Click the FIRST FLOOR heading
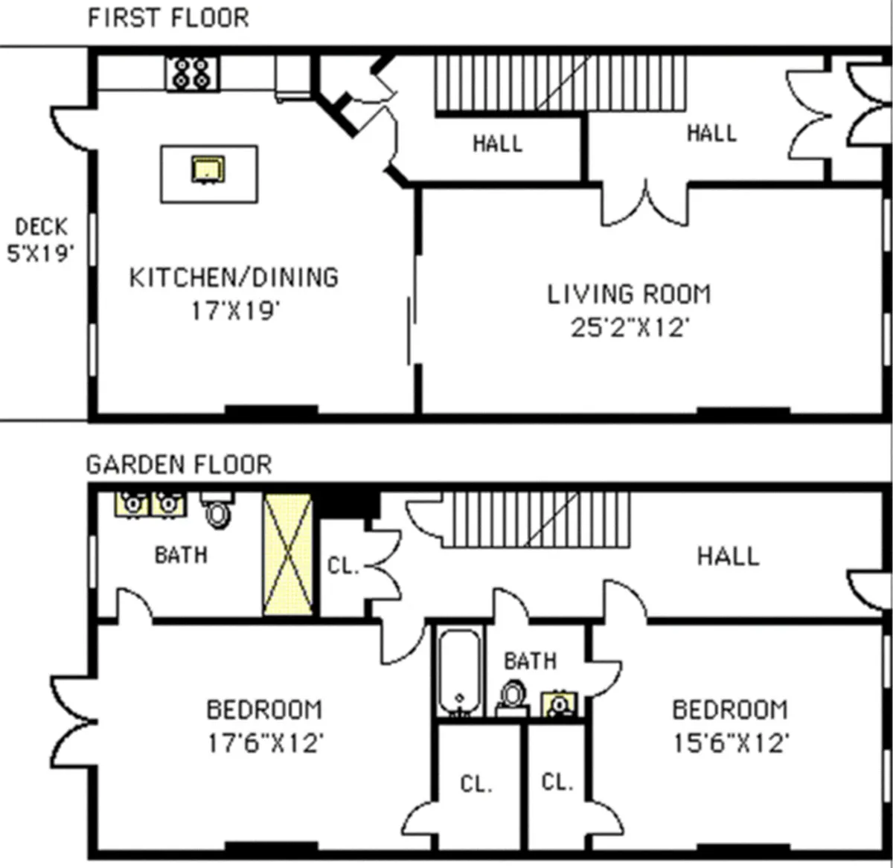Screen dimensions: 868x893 point(168,18)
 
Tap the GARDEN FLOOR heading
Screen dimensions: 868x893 point(179,465)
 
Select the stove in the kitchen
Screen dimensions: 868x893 point(192,74)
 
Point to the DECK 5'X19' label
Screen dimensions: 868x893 point(41,239)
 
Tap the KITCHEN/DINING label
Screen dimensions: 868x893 point(234,277)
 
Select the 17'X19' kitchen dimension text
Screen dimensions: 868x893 point(234,310)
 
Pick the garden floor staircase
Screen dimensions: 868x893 point(536,520)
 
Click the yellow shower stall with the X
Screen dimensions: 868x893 point(287,554)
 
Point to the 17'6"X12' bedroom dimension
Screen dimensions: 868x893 point(264,742)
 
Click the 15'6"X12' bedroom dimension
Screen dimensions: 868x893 point(730,742)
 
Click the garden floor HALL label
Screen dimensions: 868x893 point(727,556)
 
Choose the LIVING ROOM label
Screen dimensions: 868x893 point(629,295)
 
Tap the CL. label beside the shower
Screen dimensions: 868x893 point(342,566)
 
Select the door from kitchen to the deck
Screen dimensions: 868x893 point(72,128)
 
